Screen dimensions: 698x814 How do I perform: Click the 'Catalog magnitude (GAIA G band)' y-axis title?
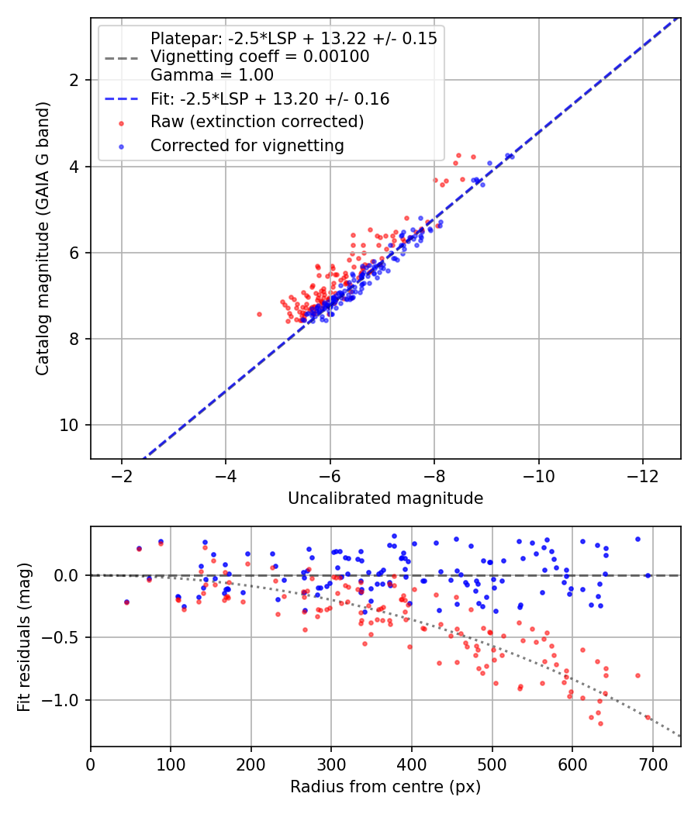(42, 238)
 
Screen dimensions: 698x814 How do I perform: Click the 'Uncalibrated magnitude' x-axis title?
(385, 498)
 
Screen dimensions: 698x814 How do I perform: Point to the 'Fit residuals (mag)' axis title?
(24, 637)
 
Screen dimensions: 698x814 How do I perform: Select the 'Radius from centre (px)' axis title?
(385, 787)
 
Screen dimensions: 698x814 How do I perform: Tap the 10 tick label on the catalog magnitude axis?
(69, 425)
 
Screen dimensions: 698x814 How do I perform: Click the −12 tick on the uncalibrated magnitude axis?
(642, 476)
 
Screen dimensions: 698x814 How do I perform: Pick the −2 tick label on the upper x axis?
(122, 476)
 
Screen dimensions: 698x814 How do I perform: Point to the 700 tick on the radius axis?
(652, 764)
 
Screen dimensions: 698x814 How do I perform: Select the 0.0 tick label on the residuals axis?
(66, 576)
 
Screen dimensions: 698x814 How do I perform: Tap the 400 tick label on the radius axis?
(412, 764)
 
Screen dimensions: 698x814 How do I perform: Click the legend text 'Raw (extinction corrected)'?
(257, 122)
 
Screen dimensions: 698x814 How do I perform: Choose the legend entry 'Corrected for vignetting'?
(247, 146)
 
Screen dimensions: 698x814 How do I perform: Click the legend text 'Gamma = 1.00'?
(212, 74)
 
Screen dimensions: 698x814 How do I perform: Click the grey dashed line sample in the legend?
(122, 58)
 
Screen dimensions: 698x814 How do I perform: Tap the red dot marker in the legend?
(122, 123)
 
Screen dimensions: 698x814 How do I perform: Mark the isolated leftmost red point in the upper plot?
(259, 314)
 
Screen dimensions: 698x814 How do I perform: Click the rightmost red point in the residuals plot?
(648, 717)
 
